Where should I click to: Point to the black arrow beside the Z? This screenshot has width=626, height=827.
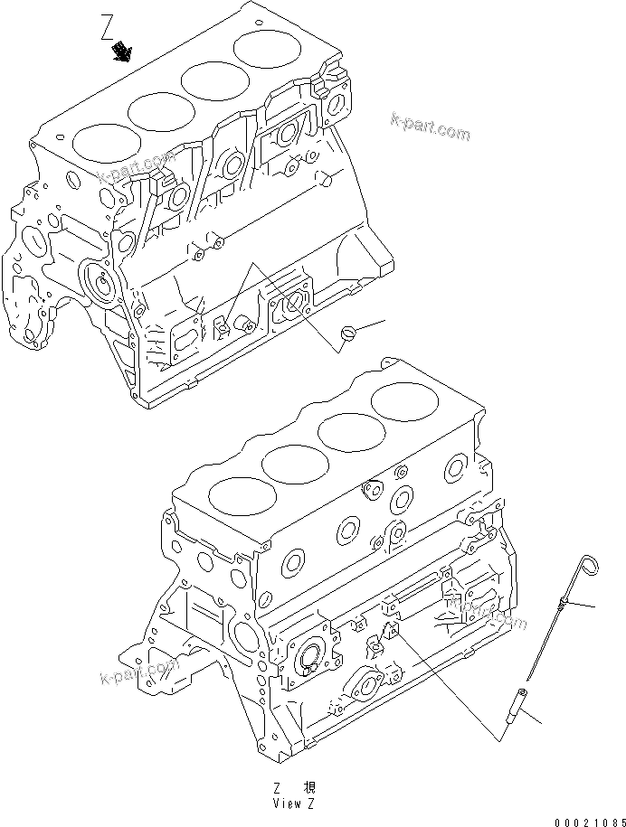120,55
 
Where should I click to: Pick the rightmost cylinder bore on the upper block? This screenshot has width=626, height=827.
263,49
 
